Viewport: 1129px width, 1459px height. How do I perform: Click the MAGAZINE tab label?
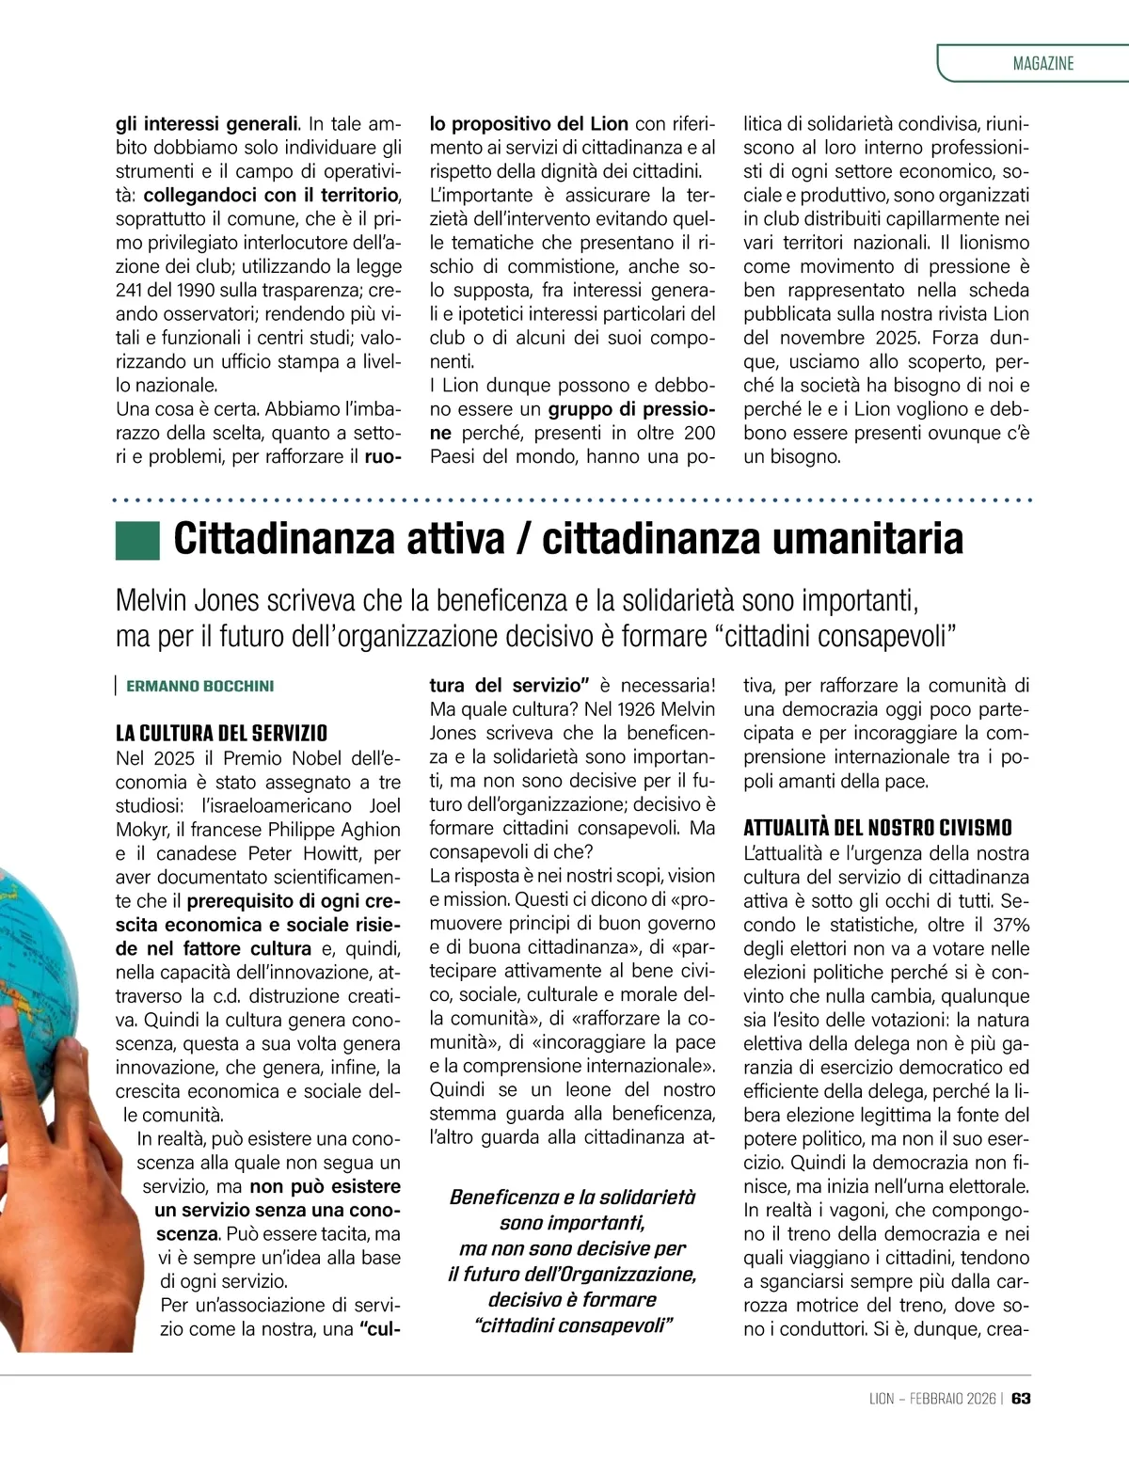1042,64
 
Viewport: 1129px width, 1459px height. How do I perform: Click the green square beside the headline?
137,540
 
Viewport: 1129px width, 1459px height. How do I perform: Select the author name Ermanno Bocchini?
199,686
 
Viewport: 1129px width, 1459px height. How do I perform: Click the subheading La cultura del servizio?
221,733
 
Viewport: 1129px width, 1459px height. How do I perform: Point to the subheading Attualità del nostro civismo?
877,828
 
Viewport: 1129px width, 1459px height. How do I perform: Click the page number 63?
1021,1399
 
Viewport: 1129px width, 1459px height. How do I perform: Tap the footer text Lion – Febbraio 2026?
930,1399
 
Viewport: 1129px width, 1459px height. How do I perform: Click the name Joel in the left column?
382,806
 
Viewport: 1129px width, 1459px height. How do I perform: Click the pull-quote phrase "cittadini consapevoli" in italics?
573,1325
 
